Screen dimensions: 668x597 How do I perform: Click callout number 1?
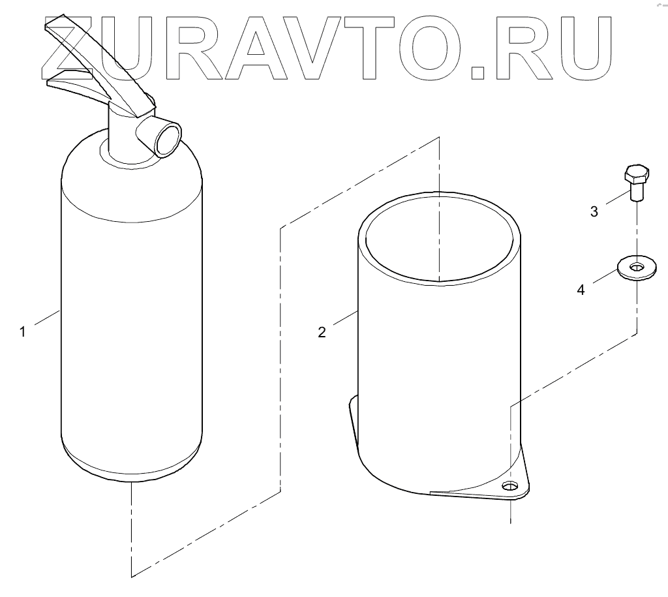click(x=22, y=332)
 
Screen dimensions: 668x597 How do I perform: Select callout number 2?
click(x=322, y=332)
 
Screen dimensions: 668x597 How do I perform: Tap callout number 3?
click(x=594, y=211)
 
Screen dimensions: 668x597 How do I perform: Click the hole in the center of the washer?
click(x=637, y=266)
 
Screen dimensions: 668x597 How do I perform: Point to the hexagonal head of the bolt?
click(x=636, y=176)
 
